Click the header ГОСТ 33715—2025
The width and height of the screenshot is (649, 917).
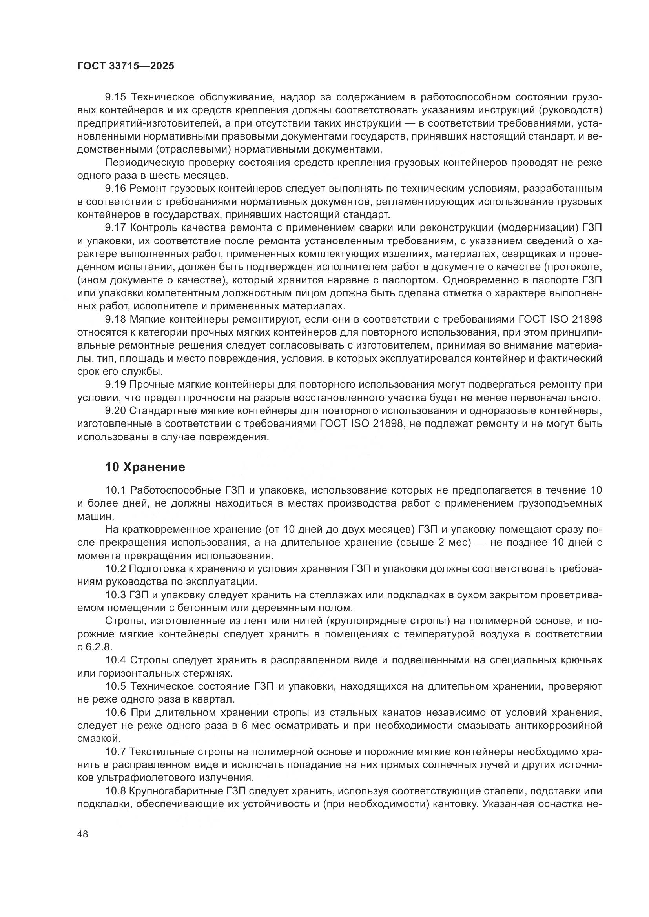click(126, 66)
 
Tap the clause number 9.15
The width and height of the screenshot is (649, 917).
click(115, 97)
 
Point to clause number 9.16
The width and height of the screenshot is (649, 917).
click(115, 189)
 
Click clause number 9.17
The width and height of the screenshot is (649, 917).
click(115, 228)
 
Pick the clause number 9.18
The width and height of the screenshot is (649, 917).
click(115, 319)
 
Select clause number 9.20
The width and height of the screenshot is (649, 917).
click(115, 410)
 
